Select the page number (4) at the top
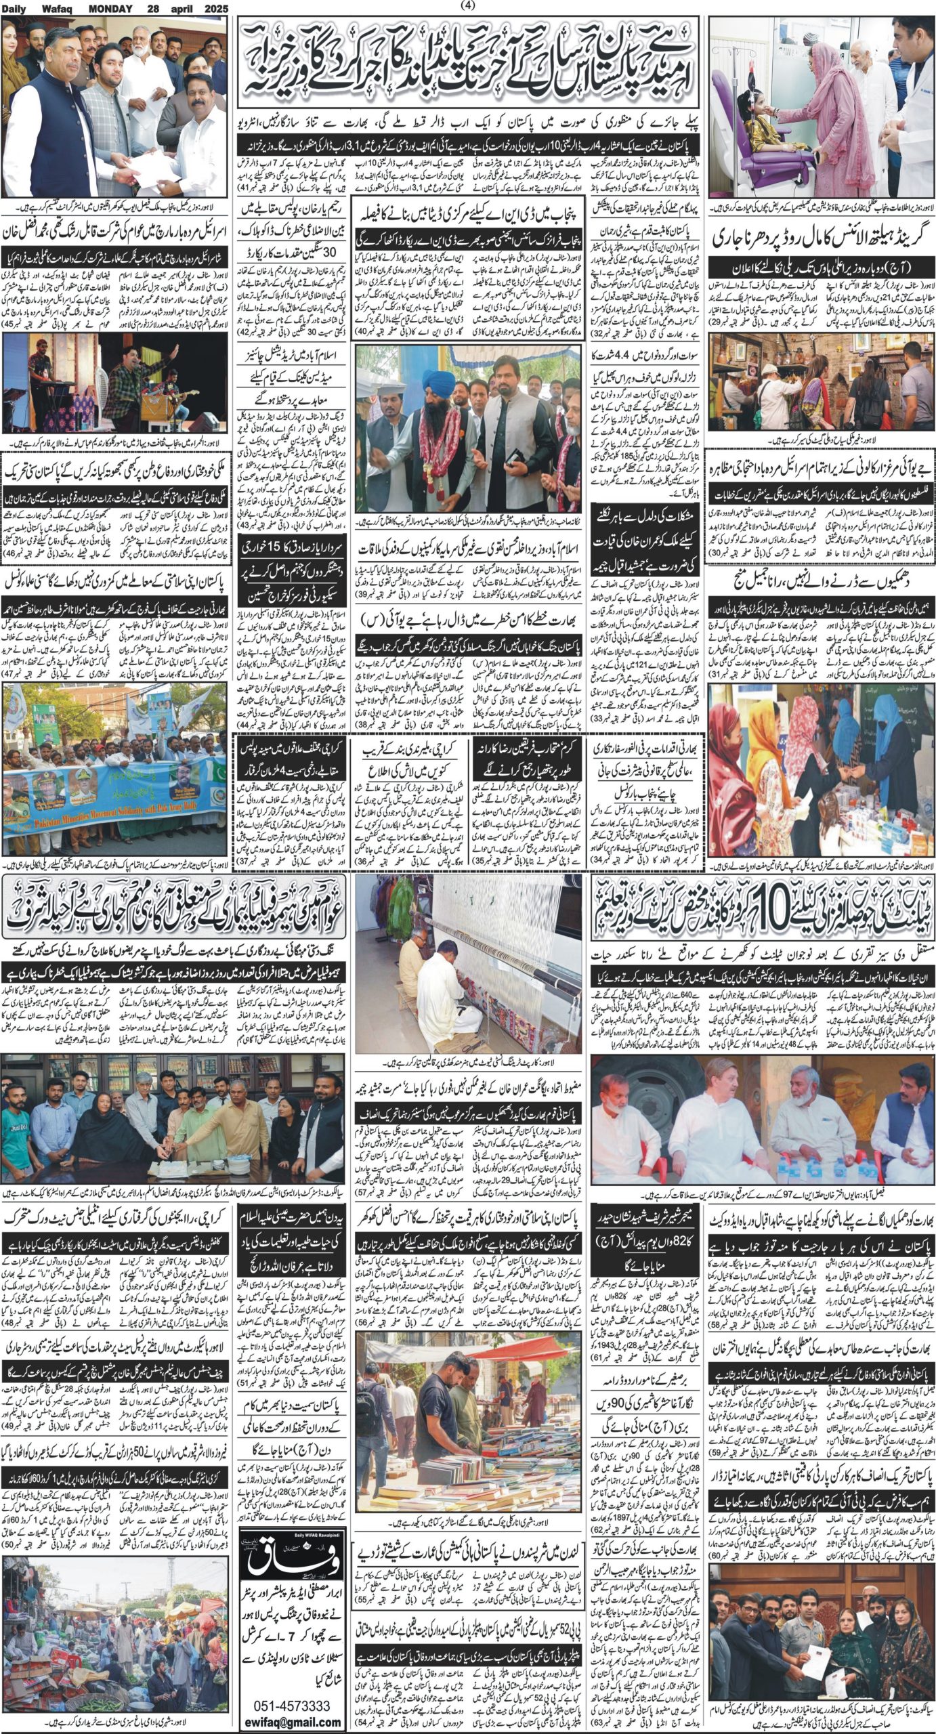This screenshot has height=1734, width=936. point(468,6)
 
